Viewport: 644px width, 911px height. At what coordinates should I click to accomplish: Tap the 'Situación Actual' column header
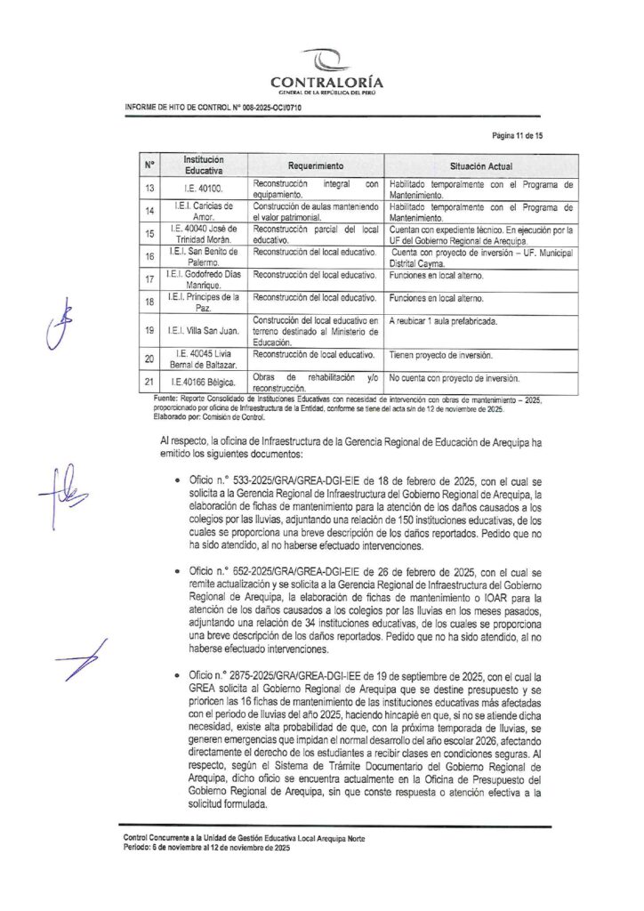(480, 166)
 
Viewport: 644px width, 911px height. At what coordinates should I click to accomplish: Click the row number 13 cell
(149, 189)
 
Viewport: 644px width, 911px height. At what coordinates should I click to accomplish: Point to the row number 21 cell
(149, 383)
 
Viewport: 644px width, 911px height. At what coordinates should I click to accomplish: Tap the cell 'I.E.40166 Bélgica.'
(204, 383)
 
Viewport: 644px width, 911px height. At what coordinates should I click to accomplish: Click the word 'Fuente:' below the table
(166, 399)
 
